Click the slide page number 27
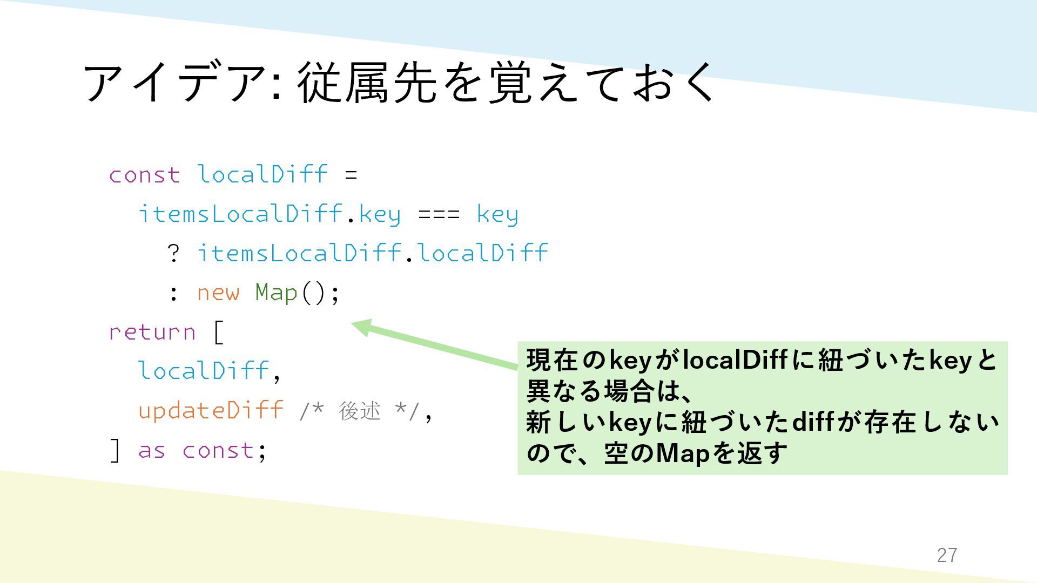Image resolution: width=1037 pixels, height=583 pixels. coord(947,555)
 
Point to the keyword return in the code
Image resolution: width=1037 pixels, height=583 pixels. coord(152,331)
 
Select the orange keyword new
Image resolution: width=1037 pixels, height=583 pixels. coord(218,293)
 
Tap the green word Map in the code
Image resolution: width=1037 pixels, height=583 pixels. coord(276,293)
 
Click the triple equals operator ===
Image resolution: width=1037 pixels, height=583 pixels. coord(439,214)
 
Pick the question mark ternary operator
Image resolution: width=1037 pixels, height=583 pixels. coord(173,253)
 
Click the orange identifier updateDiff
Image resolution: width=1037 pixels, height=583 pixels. coord(211,410)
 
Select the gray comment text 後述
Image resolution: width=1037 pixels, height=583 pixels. coord(360,411)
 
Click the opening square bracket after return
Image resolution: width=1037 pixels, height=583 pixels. coord(218,331)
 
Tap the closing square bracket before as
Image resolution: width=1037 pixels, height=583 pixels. coord(115,450)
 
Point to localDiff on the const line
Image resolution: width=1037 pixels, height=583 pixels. coord(262,174)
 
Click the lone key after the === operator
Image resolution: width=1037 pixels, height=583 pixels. coord(497,214)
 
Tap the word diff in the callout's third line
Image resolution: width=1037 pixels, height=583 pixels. coord(812,422)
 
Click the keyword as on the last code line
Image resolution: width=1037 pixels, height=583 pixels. coord(152,450)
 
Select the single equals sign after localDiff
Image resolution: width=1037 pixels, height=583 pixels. coord(351,175)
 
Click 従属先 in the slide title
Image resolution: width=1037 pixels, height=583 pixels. coord(367,82)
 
